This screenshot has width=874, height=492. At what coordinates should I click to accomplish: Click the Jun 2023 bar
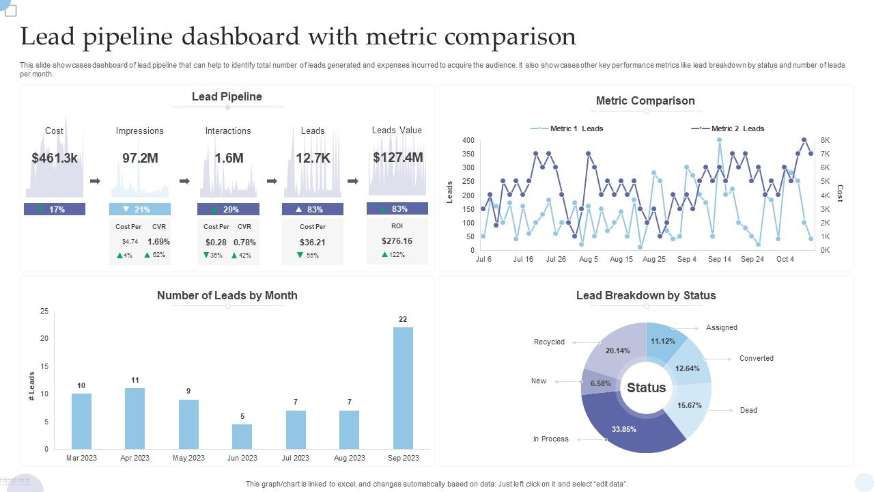(242, 437)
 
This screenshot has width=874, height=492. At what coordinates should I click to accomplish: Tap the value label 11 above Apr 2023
(135, 380)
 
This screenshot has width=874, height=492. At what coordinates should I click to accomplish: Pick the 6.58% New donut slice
(600, 383)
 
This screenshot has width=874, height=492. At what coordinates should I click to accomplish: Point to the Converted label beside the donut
(756, 358)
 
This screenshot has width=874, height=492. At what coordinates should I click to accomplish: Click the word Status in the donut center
(646, 388)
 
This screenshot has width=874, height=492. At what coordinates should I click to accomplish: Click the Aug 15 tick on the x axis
(621, 259)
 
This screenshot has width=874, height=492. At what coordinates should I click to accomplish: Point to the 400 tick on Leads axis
(468, 140)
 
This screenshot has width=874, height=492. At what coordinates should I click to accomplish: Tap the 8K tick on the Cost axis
(825, 140)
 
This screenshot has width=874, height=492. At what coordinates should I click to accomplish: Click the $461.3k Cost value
(55, 158)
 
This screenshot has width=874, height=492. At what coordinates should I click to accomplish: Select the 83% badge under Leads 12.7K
(313, 209)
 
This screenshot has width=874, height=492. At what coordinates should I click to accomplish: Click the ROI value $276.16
(397, 241)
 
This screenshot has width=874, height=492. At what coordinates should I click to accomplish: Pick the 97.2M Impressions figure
(140, 158)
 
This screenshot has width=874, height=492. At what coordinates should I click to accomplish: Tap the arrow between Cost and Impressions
(96, 181)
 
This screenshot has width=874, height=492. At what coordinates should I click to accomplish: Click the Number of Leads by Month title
(227, 295)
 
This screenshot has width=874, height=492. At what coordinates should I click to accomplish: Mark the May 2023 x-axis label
(188, 458)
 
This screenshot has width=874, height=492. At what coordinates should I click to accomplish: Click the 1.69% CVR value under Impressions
(158, 241)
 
